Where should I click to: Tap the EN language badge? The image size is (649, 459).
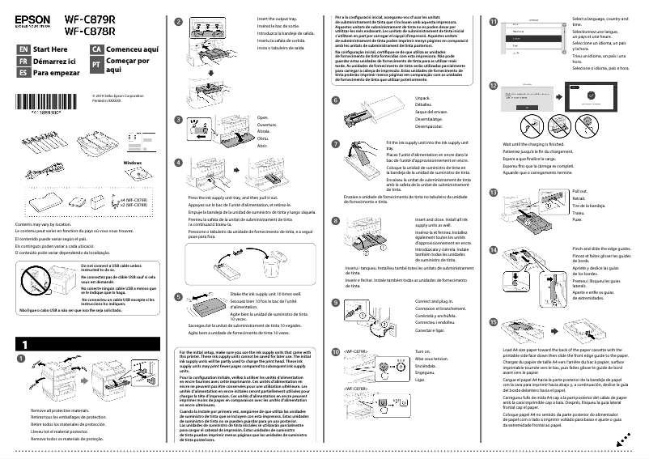(x=23, y=49)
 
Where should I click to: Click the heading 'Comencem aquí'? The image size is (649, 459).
(x=132, y=49)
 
